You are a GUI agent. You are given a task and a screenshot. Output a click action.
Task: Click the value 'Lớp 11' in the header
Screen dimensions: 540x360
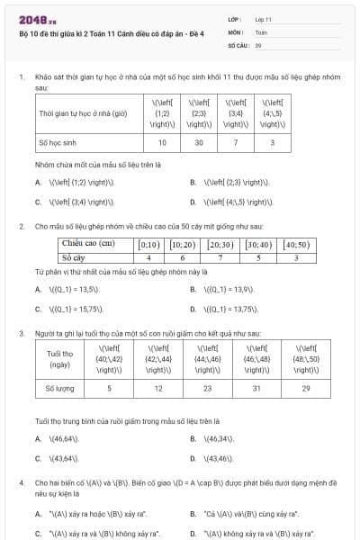click(264, 18)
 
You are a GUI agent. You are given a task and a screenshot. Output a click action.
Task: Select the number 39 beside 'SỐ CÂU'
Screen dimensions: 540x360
click(258, 44)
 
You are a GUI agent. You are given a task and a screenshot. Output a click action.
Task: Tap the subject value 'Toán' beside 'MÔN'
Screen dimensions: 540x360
click(261, 31)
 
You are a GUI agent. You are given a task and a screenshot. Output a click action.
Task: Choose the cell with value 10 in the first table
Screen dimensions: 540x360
click(162, 142)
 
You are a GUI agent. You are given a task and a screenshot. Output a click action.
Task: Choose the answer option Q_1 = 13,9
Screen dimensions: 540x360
click(231, 289)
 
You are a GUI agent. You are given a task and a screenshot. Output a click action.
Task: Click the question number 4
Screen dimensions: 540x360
click(21, 482)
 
